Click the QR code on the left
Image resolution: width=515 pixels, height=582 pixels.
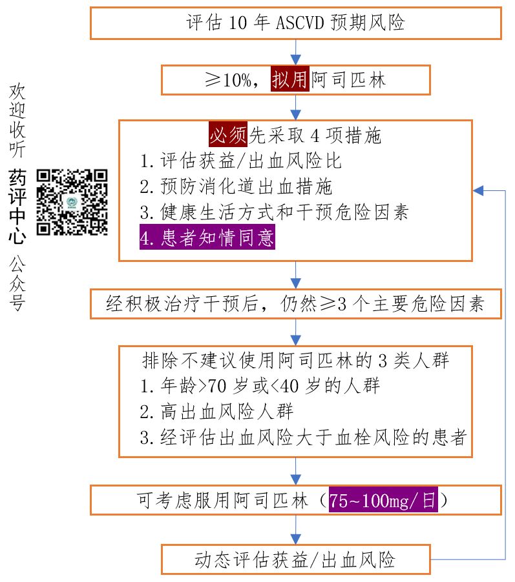pos(72,201)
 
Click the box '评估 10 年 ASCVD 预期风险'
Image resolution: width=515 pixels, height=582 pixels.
pos(295,23)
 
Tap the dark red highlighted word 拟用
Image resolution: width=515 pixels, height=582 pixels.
pos(290,81)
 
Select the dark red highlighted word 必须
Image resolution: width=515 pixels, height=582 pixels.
pos(228,135)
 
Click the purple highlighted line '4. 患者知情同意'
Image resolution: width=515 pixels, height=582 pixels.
pos(207,237)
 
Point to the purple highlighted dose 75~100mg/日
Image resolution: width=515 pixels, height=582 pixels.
pos(383,500)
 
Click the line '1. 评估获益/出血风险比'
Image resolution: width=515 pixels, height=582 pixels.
pos(241,161)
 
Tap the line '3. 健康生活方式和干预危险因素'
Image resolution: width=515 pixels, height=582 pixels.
pos(274,212)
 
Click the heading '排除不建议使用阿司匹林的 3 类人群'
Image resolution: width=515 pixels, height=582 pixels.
pos(295,360)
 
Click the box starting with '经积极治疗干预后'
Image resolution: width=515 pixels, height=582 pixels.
pos(295,304)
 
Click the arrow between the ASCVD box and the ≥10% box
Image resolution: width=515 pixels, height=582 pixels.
pos(295,51)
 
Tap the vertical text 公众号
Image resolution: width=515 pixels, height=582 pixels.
pos(17,283)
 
